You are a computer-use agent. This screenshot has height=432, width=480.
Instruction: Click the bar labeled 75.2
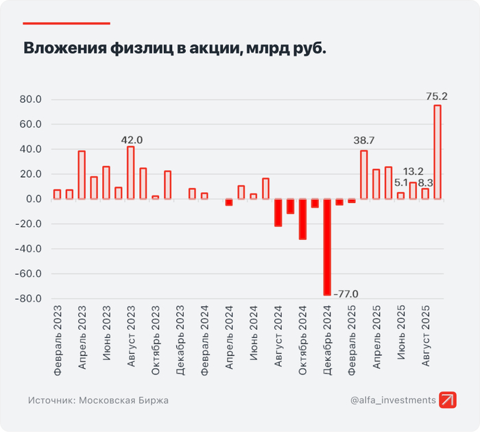pos(437,152)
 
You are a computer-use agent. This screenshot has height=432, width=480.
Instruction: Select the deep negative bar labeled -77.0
pos(327,247)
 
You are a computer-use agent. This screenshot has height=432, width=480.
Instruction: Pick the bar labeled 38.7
pos(364,175)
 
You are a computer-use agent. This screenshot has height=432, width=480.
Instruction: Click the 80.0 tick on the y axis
pos(32,99)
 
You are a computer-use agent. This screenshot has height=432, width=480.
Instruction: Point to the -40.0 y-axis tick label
pos(29,249)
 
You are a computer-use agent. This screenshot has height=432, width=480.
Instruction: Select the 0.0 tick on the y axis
pos(34,199)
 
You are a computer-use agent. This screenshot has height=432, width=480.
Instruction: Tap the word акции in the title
pos(206,49)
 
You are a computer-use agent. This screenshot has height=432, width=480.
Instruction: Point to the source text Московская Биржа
pos(123,400)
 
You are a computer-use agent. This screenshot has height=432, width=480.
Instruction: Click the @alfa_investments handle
pos(393,400)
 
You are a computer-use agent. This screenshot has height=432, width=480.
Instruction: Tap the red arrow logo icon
pos(448,400)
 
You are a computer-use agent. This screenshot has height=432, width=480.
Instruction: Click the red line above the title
pos(67,23)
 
